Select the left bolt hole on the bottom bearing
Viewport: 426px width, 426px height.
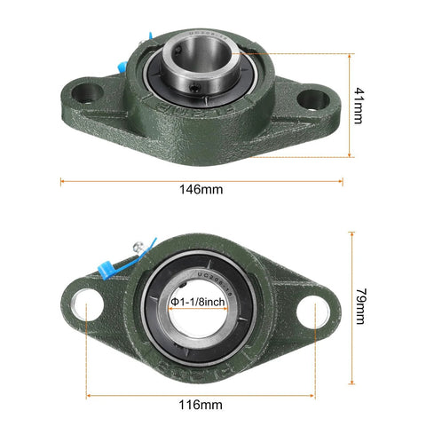tap(87, 304)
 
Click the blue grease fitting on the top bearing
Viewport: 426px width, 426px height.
tap(150, 43)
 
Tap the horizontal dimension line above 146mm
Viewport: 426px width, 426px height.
tap(201, 181)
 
